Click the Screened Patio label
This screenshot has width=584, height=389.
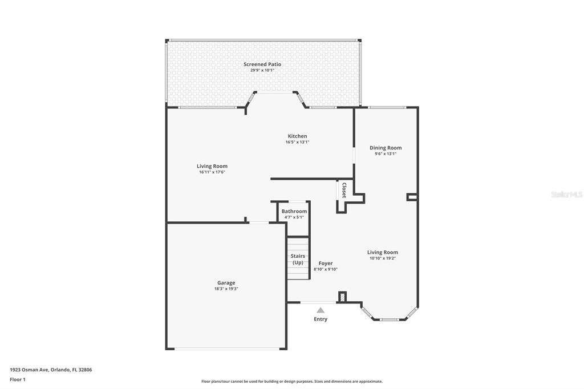pyautogui.click(x=262, y=64)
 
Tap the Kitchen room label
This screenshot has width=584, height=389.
pyautogui.click(x=297, y=136)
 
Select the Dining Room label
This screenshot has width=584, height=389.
pyautogui.click(x=386, y=148)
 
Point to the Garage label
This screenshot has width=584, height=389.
pyautogui.click(x=226, y=283)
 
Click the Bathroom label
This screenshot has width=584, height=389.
pyautogui.click(x=294, y=211)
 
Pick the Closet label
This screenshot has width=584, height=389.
pyautogui.click(x=344, y=191)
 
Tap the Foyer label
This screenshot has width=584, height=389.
pyautogui.click(x=326, y=263)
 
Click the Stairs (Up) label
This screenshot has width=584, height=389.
pyautogui.click(x=298, y=259)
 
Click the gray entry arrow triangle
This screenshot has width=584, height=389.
pyautogui.click(x=321, y=310)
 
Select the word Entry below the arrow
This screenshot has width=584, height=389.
pyautogui.click(x=321, y=319)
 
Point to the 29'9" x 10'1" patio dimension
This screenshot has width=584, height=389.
pyautogui.click(x=262, y=70)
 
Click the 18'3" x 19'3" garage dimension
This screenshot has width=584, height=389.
pyautogui.click(x=226, y=289)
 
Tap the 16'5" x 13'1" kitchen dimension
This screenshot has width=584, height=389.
pyautogui.click(x=297, y=142)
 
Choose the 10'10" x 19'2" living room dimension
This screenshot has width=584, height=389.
pyautogui.click(x=383, y=258)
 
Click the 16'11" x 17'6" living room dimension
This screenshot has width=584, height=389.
pyautogui.click(x=212, y=172)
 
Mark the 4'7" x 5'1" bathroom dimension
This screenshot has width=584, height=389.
pyautogui.click(x=294, y=217)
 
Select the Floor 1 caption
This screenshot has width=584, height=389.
pyautogui.click(x=18, y=380)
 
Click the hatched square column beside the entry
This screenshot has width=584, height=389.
pyautogui.click(x=342, y=297)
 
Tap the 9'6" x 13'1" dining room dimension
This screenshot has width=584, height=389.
pyautogui.click(x=386, y=153)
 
